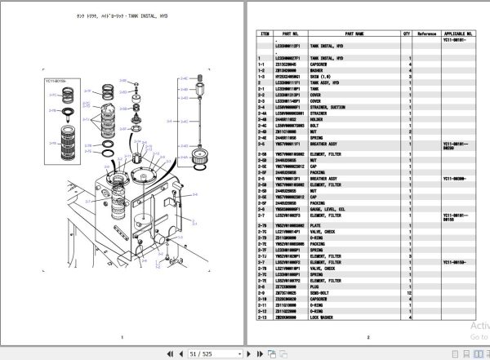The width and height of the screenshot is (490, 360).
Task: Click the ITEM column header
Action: [x=264, y=34]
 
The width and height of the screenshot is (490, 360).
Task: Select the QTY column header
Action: [x=407, y=34]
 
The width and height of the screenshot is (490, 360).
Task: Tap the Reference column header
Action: [x=427, y=34]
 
